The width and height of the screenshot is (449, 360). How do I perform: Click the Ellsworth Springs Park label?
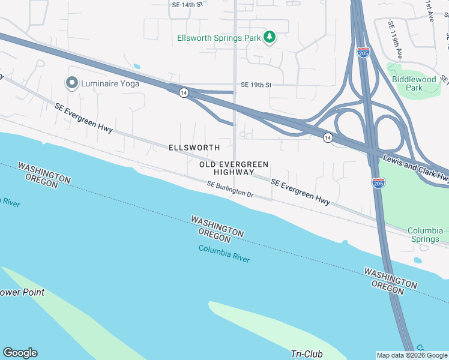pos(218,38)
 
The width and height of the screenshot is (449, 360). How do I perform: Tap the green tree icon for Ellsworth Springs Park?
pos(270,37)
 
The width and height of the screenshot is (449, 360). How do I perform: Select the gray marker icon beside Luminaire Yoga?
pos(72,83)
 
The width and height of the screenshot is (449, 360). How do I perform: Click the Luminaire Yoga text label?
pos(110,83)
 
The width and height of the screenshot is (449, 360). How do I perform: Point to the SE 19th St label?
pos(256,85)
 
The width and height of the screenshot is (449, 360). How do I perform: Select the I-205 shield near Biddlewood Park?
pos(363,52)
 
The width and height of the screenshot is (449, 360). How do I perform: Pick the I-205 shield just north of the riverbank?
pos(378,183)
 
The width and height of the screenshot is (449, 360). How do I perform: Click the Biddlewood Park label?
pos(414,83)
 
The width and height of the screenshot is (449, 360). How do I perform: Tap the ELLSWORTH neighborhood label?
pos(194,147)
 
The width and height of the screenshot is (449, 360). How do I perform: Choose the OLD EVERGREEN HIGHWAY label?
pos(234,168)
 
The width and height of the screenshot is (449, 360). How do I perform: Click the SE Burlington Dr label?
pos(231,190)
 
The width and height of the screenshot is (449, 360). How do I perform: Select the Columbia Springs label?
pos(425,235)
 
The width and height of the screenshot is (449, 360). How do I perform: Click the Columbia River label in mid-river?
pos(224,254)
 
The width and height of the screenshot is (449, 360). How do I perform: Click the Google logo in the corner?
pos(20,353)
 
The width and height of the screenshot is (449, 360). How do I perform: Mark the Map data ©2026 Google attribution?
pos(412,355)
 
